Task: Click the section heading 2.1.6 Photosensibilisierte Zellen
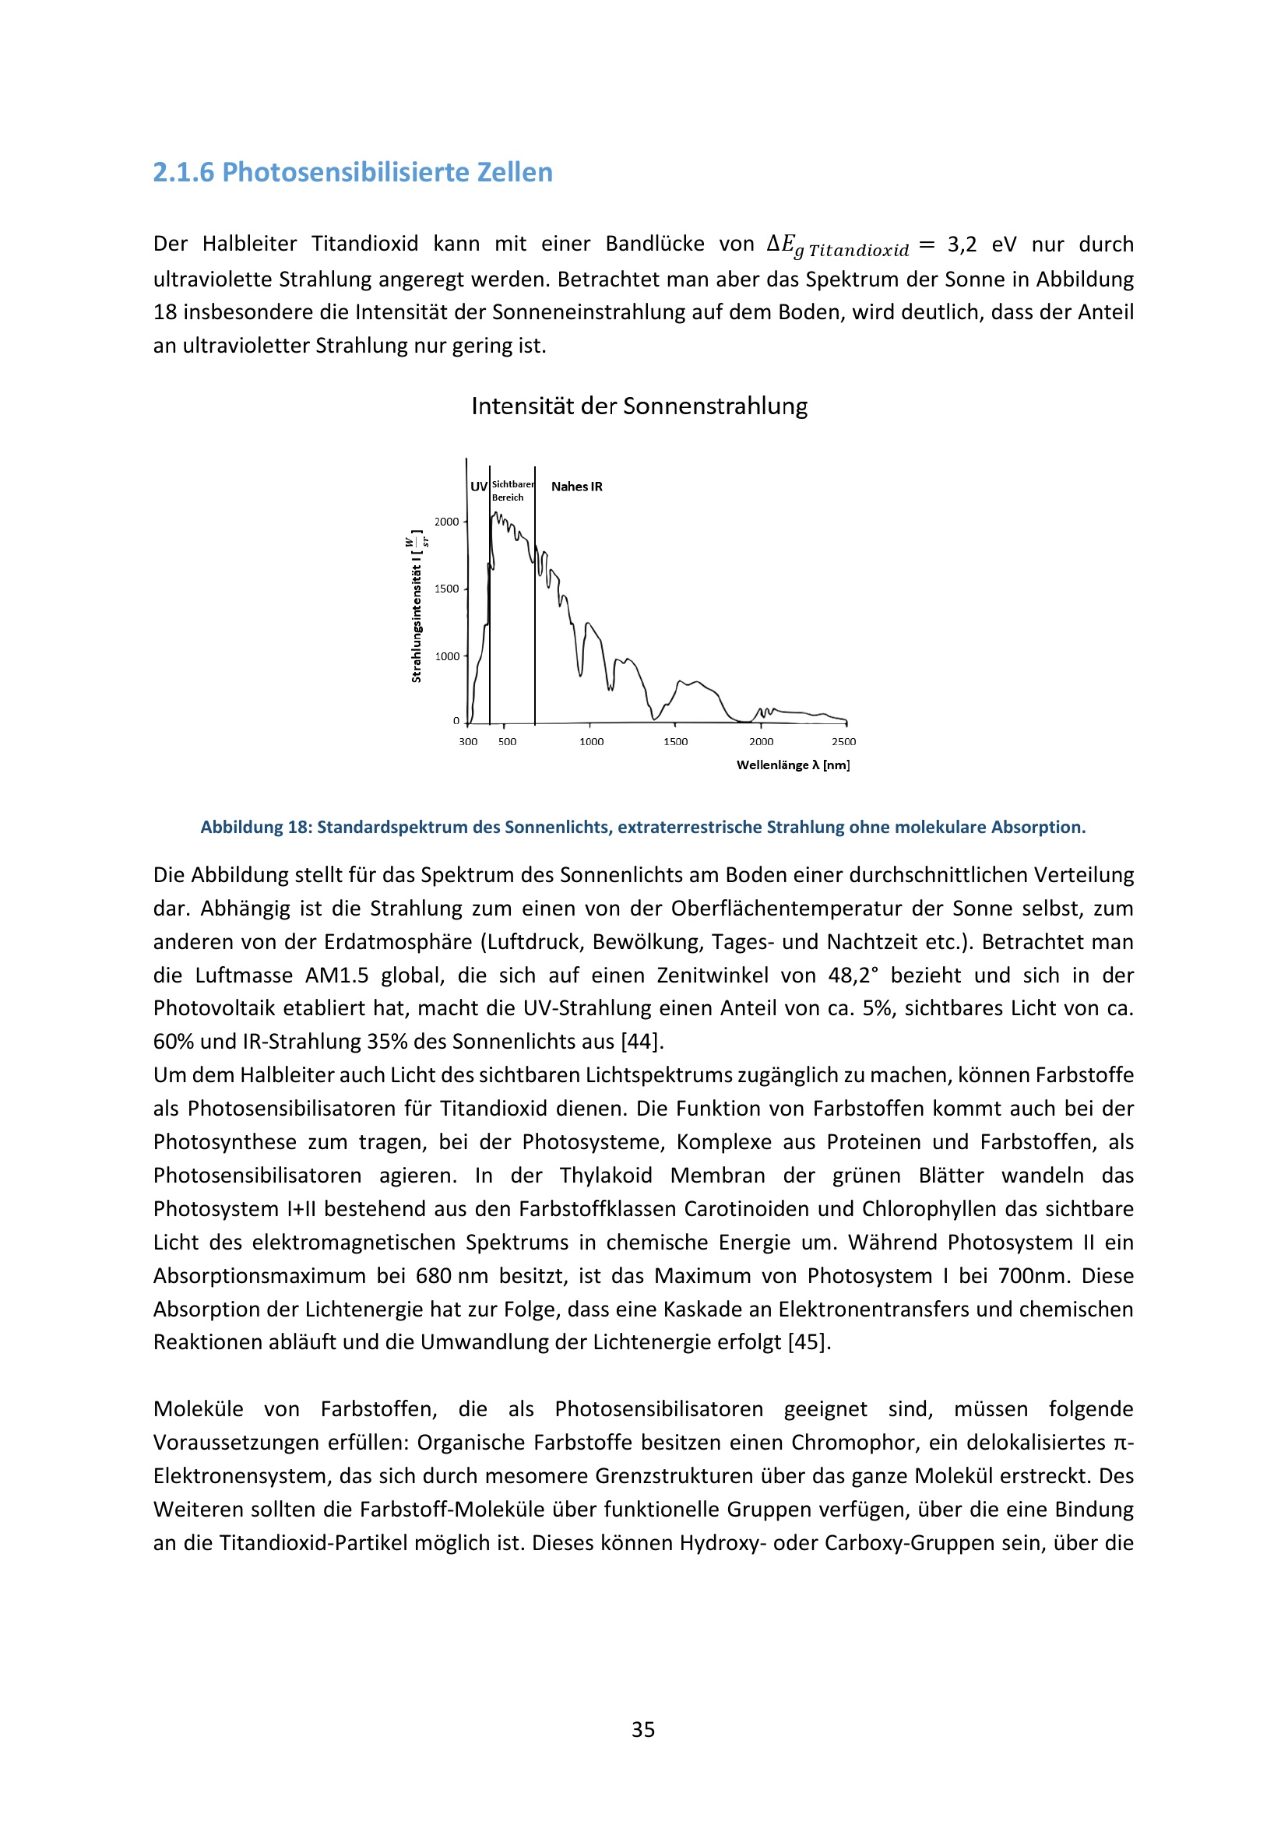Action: pyautogui.click(x=352, y=172)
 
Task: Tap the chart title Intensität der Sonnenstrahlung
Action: pyautogui.click(x=639, y=406)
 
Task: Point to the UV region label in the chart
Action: pyautogui.click(x=478, y=486)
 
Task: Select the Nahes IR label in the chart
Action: pyautogui.click(x=576, y=486)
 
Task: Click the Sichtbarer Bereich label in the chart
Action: pyautogui.click(x=512, y=491)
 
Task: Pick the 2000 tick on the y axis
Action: pyautogui.click(x=446, y=521)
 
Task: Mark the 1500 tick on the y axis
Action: pyautogui.click(x=446, y=589)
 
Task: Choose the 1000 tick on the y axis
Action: pyautogui.click(x=446, y=656)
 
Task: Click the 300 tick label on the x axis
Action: pyautogui.click(x=468, y=742)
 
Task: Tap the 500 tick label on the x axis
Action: pyautogui.click(x=507, y=742)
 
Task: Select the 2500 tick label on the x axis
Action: pyautogui.click(x=843, y=742)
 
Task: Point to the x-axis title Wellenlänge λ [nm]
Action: pyautogui.click(x=792, y=765)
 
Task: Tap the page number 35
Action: pyautogui.click(x=643, y=1729)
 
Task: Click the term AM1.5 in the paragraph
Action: pyautogui.click(x=337, y=975)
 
